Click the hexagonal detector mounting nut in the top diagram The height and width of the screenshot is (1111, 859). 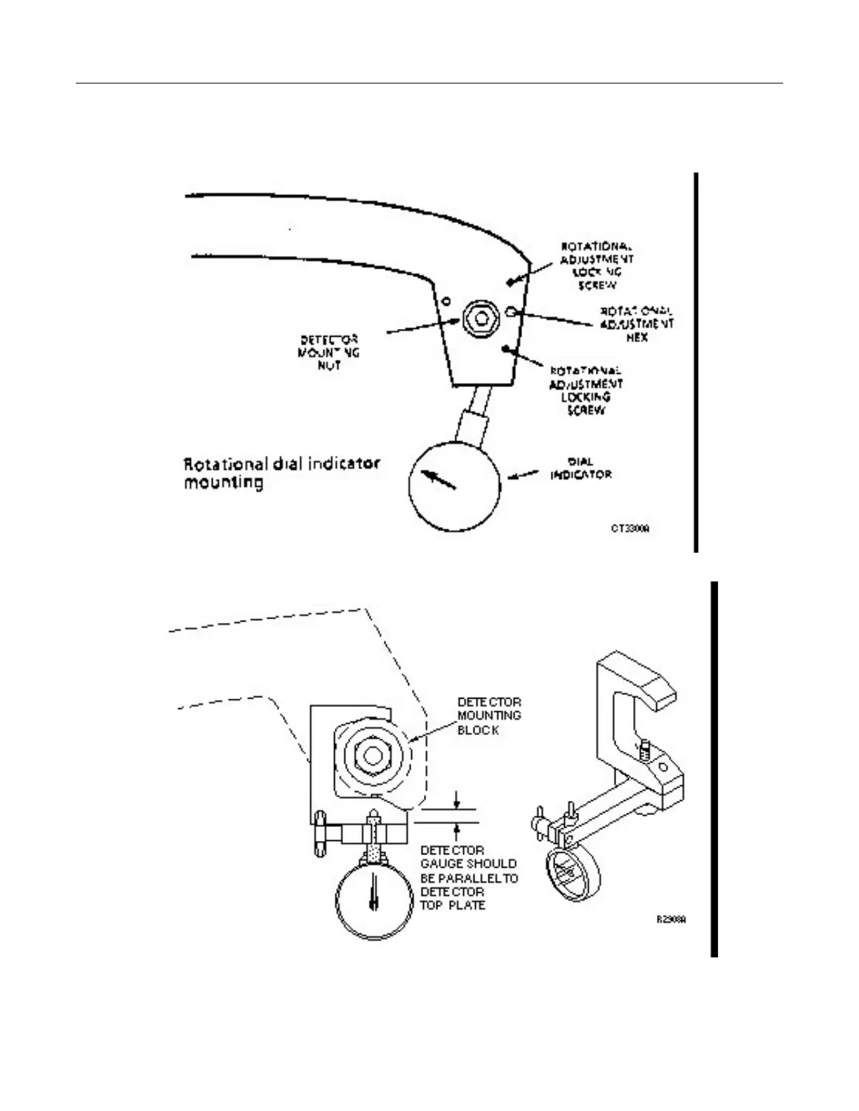click(481, 319)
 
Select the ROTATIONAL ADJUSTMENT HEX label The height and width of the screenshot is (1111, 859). click(636, 323)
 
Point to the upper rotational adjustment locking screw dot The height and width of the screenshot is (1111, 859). click(510, 282)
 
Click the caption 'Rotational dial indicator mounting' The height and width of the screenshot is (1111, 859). click(281, 473)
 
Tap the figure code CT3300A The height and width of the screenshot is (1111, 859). click(630, 528)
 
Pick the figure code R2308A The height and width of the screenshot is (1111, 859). click(671, 919)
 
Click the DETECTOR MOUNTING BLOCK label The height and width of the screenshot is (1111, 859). click(489, 715)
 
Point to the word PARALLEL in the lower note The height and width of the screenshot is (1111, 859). click(466, 878)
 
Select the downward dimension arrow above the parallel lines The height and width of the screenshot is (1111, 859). click(457, 799)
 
